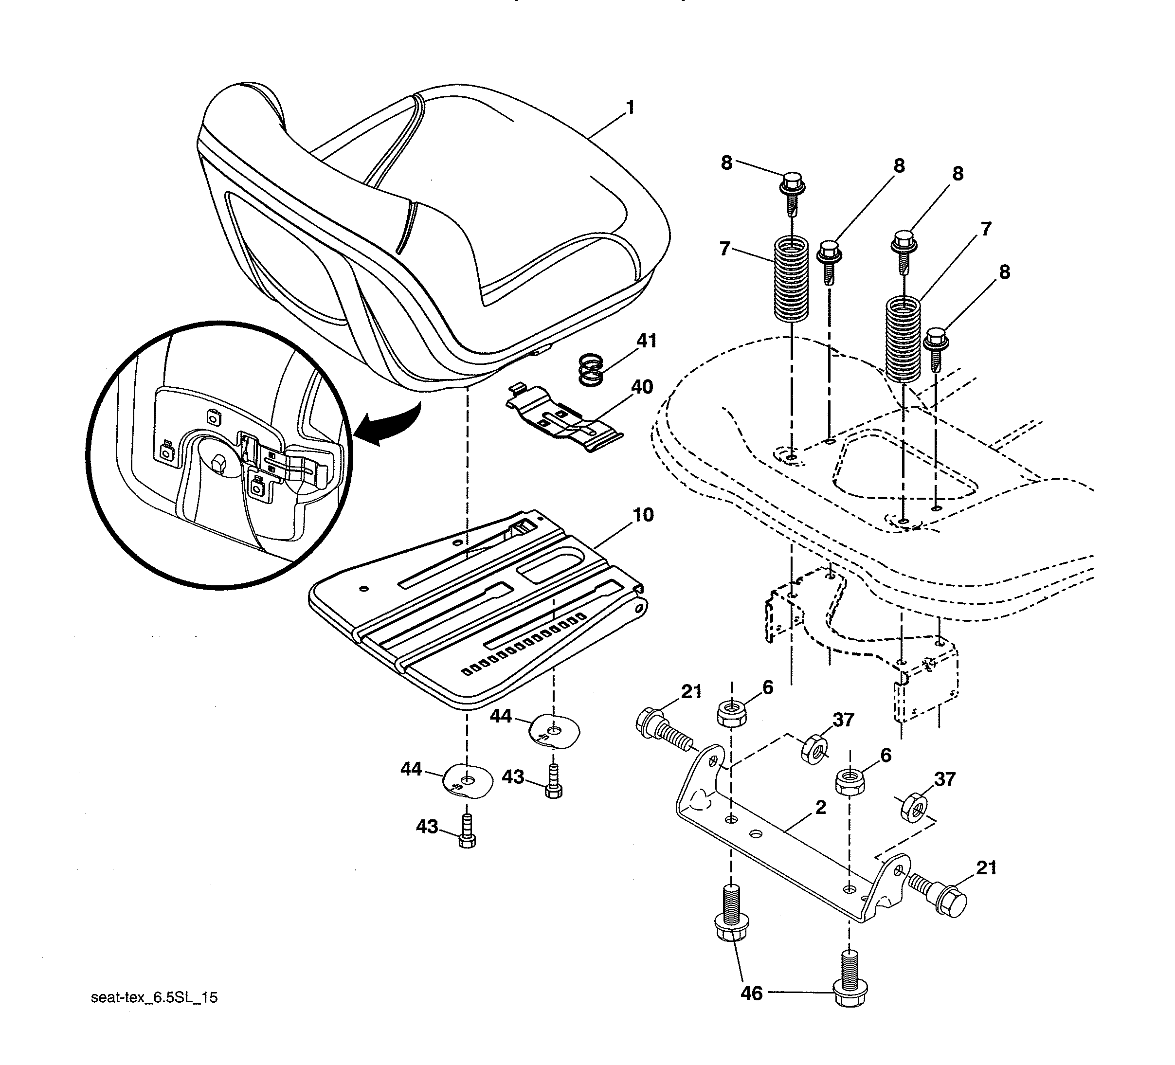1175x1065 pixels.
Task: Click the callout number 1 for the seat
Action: coord(630,108)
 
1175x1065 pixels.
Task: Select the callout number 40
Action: coord(642,387)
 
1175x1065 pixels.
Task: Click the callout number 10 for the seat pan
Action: coord(643,515)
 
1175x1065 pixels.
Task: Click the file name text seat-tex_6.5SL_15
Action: coord(154,997)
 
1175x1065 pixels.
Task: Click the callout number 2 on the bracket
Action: coord(821,808)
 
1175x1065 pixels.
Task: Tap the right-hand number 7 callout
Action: coord(985,229)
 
